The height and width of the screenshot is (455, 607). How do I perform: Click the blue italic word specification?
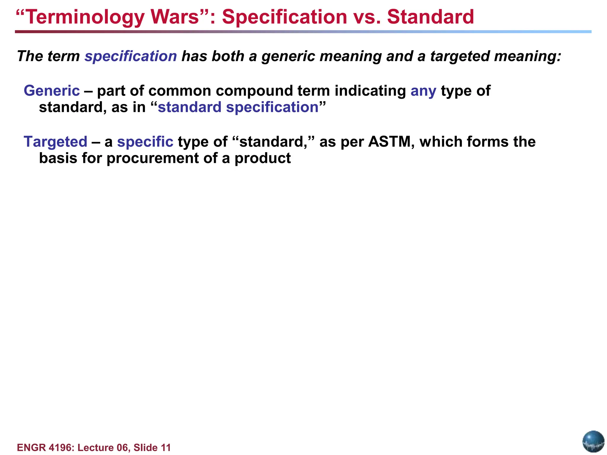(131, 56)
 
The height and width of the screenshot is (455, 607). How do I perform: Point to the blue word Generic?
(52, 91)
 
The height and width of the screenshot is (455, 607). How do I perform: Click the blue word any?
(423, 91)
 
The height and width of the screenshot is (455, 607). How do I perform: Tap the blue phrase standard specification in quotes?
(238, 107)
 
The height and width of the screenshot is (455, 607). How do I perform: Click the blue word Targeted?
(55, 142)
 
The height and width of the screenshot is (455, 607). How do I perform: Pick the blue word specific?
(145, 142)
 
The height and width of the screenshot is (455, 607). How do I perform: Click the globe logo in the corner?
(593, 441)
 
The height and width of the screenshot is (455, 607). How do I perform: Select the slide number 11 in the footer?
(166, 448)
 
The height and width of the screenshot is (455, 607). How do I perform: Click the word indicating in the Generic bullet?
(370, 91)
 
